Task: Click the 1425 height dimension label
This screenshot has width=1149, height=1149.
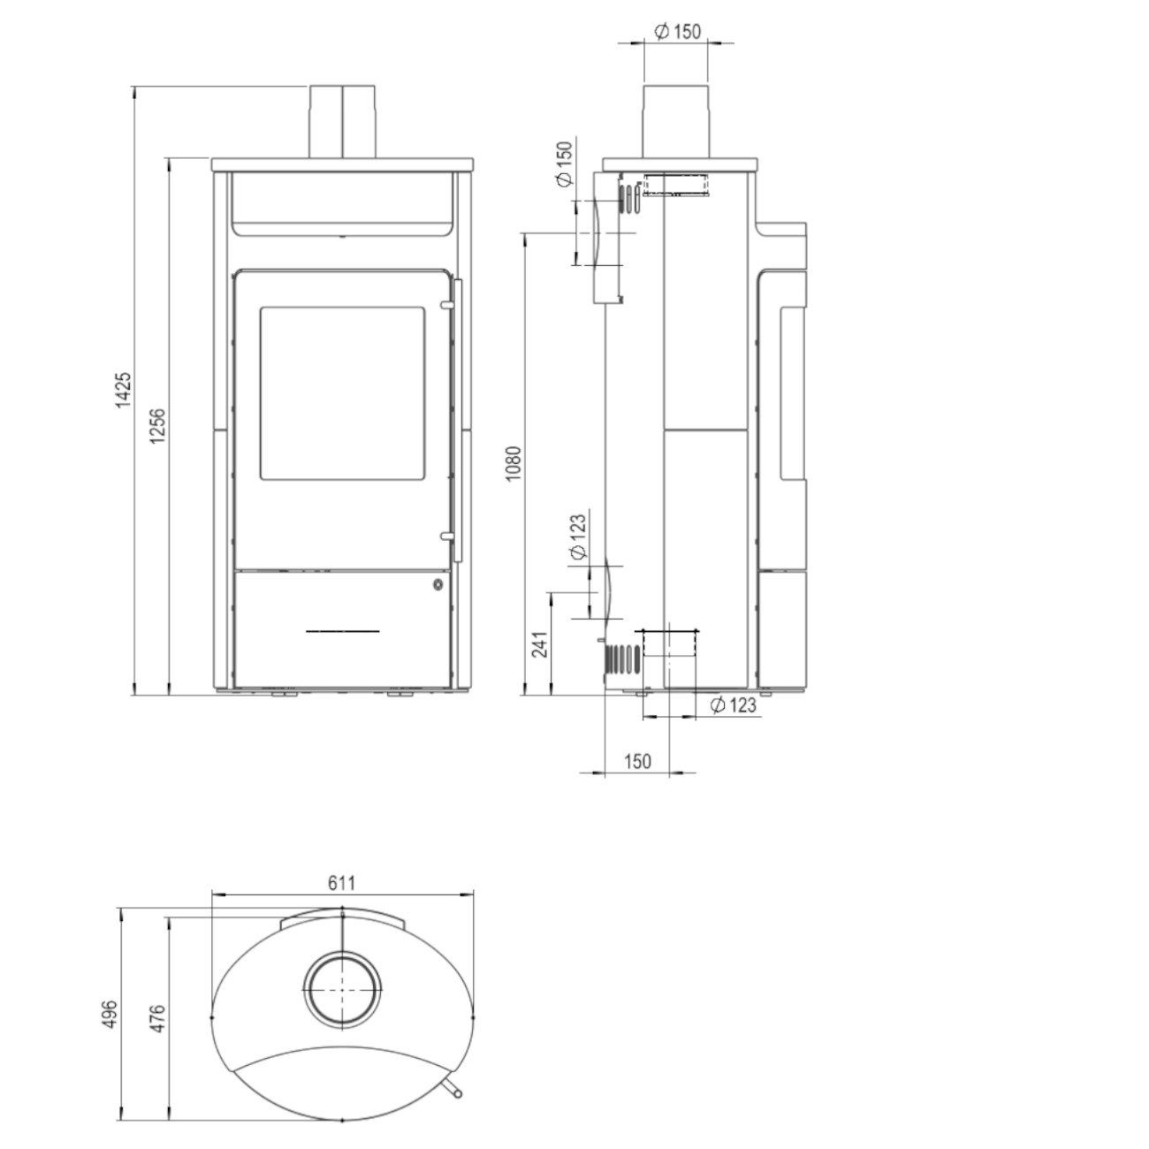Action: [x=122, y=391]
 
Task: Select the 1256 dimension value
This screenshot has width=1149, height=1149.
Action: [x=157, y=426]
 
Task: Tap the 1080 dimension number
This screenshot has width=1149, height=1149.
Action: [x=513, y=464]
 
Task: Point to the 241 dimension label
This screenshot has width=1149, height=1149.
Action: [x=540, y=644]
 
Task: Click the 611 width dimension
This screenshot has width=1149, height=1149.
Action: [x=342, y=883]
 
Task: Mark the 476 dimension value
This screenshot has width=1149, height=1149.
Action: [x=156, y=1019]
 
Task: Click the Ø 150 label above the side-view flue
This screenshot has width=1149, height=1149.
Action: [x=677, y=31]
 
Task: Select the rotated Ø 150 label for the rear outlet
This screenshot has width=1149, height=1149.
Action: [x=564, y=164]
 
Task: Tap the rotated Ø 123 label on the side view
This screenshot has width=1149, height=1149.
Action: [x=578, y=536]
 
